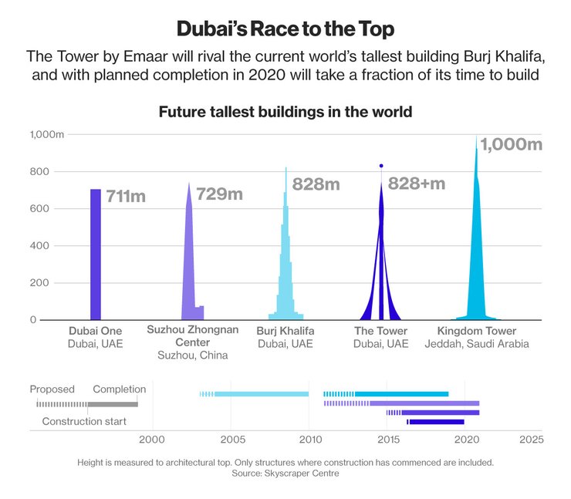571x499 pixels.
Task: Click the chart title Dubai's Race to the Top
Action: coord(285,29)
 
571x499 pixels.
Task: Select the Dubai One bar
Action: coord(96,255)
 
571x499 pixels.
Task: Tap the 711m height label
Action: coord(126,197)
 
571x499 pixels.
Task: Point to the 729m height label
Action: coord(220,194)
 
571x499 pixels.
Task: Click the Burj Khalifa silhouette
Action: coord(285,262)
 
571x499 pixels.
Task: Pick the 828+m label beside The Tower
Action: coord(417,184)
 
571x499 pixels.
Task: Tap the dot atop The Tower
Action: coord(381,166)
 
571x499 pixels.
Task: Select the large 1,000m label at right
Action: coord(512,144)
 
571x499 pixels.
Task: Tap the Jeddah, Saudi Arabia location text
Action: coord(477,344)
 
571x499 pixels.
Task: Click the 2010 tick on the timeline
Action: coord(311,440)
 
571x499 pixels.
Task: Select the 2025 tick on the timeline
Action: coord(531,440)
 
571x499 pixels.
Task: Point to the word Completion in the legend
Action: coord(119,389)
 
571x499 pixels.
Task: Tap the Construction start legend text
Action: coord(84,422)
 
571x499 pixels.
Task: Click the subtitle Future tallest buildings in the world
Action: coord(285,112)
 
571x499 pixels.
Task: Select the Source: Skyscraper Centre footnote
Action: coord(285,474)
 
